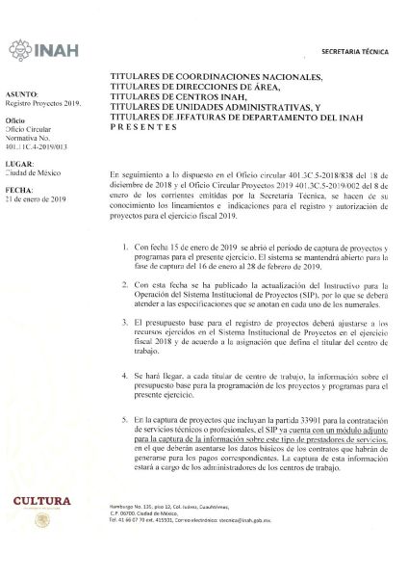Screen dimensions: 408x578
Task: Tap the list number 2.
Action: (x=127, y=287)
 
